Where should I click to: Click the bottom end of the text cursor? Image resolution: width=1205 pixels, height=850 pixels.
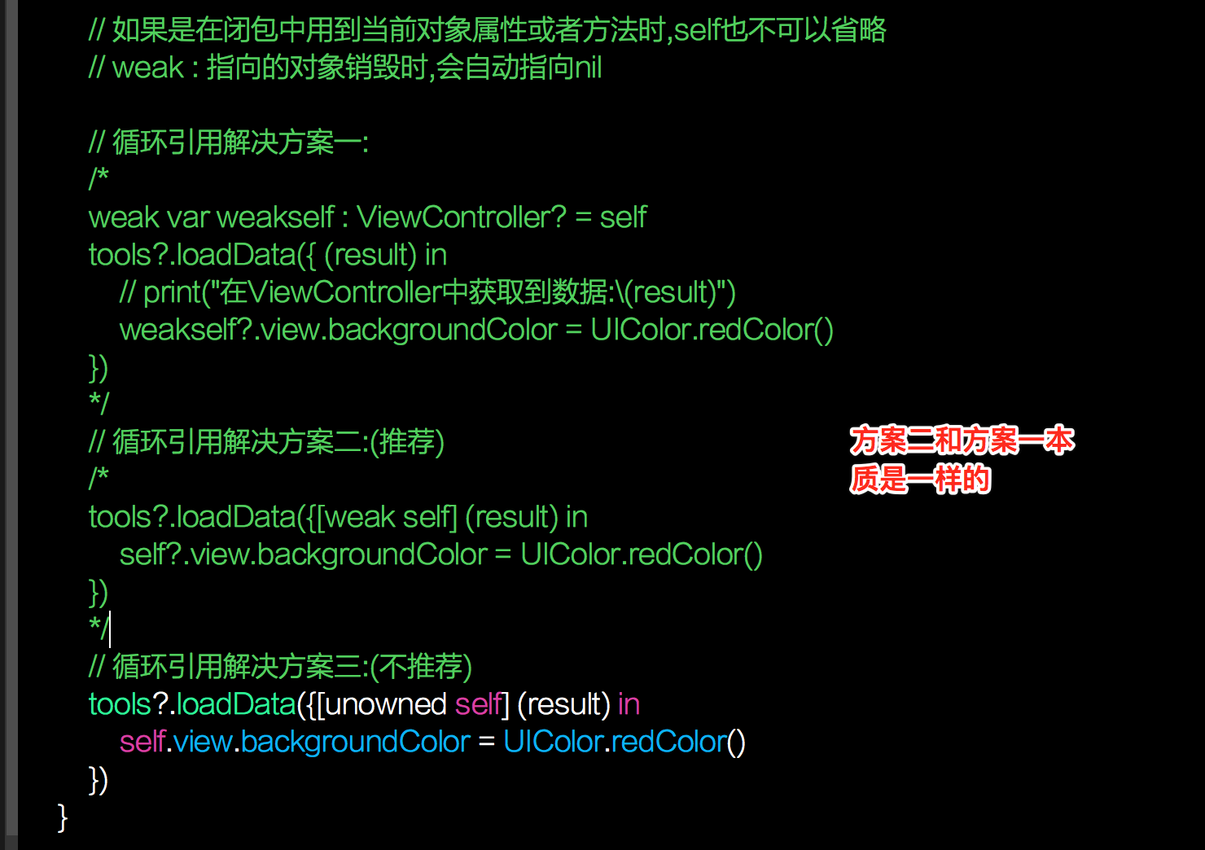[110, 647]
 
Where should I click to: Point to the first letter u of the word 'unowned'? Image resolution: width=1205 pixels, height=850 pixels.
[333, 705]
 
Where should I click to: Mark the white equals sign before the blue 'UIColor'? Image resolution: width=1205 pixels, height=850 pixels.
[486, 742]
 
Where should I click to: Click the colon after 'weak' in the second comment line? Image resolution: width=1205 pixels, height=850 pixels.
[195, 69]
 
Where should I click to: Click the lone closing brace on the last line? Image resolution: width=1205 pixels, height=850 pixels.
[63, 817]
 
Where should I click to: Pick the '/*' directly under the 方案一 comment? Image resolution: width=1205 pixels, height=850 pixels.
[99, 178]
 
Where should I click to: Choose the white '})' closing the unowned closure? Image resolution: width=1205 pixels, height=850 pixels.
[99, 780]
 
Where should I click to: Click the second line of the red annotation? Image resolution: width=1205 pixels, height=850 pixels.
[920, 480]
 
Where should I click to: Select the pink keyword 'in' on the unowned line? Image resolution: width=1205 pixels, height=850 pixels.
[629, 704]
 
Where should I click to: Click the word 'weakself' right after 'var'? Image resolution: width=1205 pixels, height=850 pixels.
[276, 217]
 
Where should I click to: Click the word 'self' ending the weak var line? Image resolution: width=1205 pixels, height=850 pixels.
[624, 217]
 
